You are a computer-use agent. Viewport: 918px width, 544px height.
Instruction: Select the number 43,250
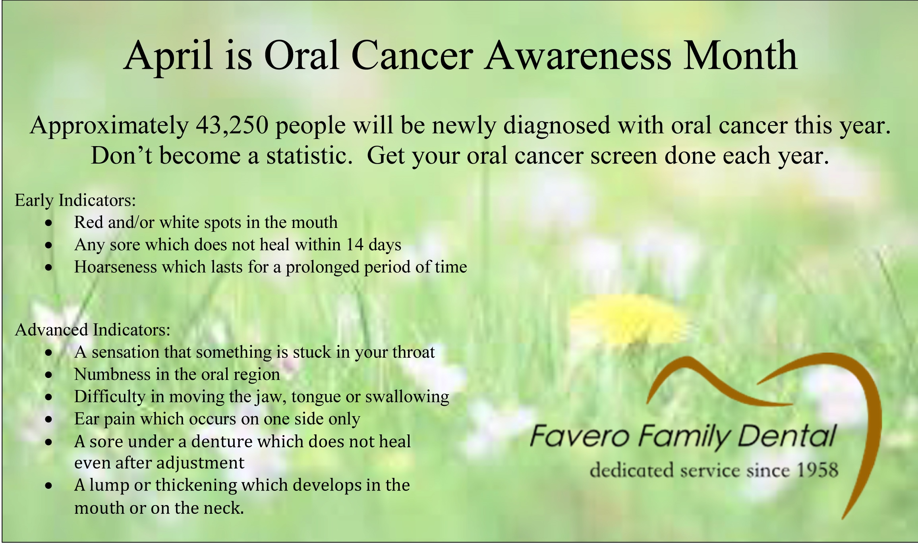232,125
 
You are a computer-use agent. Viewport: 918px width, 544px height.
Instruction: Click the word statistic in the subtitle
309,155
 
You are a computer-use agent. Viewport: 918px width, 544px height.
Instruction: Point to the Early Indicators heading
75,200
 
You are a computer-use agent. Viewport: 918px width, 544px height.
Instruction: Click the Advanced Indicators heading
93,330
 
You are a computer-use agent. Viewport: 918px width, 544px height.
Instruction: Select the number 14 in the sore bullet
355,245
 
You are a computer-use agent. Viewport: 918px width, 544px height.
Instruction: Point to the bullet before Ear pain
49,419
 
